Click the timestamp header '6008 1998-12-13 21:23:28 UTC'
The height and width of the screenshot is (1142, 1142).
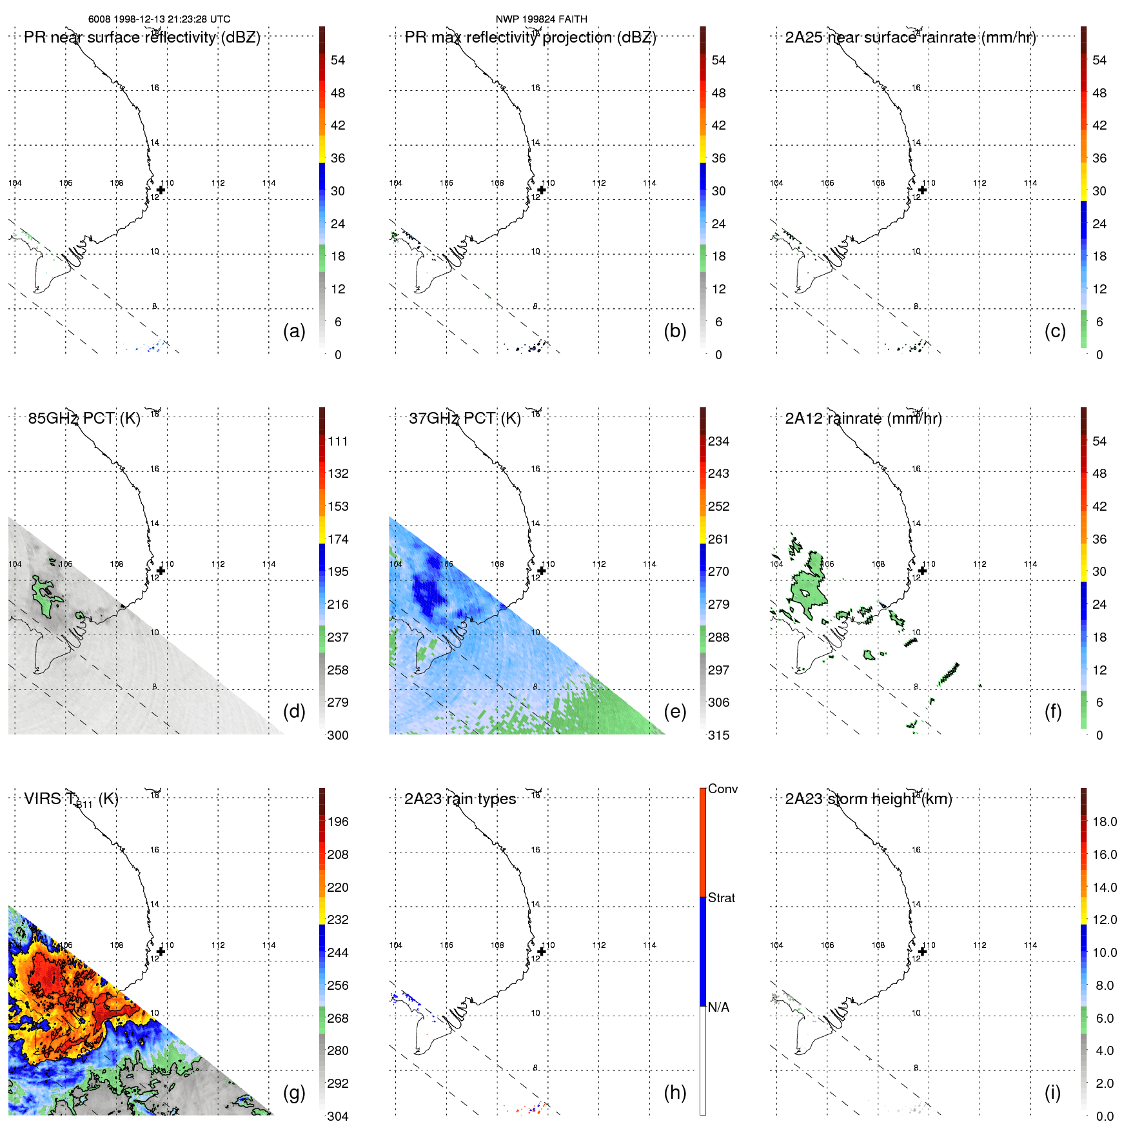[x=159, y=19]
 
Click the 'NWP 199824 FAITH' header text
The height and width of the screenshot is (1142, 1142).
[x=541, y=19]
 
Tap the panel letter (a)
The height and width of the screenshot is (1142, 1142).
[x=294, y=331]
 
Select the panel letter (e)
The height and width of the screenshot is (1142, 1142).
[x=674, y=711]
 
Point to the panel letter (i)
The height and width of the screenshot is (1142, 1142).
[x=1052, y=1092]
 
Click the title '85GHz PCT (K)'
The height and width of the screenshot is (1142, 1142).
[x=84, y=418]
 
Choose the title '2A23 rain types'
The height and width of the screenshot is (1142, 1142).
[x=460, y=799]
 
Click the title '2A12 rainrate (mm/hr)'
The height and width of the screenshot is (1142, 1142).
[x=863, y=418]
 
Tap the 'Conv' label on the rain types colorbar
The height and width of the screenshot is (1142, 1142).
[x=722, y=789]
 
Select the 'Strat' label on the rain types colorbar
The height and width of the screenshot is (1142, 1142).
[x=721, y=898]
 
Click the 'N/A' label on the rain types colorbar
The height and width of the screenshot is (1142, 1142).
[x=718, y=1007]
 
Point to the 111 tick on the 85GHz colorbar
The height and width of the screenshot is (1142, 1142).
[x=338, y=442]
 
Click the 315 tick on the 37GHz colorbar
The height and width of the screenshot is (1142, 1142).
[x=718, y=735]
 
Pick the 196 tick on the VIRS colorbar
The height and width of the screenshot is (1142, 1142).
[x=338, y=822]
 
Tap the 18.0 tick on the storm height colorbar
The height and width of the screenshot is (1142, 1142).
[x=1104, y=822]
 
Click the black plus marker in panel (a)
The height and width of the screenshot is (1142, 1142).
[x=161, y=190]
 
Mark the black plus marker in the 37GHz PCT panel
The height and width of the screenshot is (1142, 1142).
[x=542, y=571]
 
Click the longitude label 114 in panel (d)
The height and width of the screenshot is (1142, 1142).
[x=269, y=564]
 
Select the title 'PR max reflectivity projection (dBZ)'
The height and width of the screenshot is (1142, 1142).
[x=530, y=37]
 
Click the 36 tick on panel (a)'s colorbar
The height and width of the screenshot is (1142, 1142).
[x=338, y=158]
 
